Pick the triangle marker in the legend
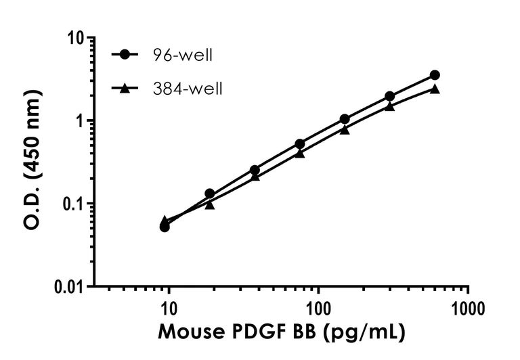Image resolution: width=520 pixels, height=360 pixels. [x=125, y=87]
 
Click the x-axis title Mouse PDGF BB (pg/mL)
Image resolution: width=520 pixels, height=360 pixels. [x=282, y=333]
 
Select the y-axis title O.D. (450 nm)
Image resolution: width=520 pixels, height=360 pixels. [x=32, y=162]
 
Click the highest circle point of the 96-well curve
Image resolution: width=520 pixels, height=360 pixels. [x=435, y=75]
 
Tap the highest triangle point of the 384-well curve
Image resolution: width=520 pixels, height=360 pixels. [x=435, y=89]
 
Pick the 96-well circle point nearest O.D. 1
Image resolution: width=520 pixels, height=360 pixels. [x=345, y=119]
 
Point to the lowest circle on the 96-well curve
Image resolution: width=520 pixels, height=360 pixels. [x=165, y=227]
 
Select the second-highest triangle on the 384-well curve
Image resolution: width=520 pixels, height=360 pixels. [x=389, y=106]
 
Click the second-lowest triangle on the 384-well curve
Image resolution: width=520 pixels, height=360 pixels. [x=210, y=204]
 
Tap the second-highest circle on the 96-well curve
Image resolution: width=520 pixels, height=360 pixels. [x=389, y=96]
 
